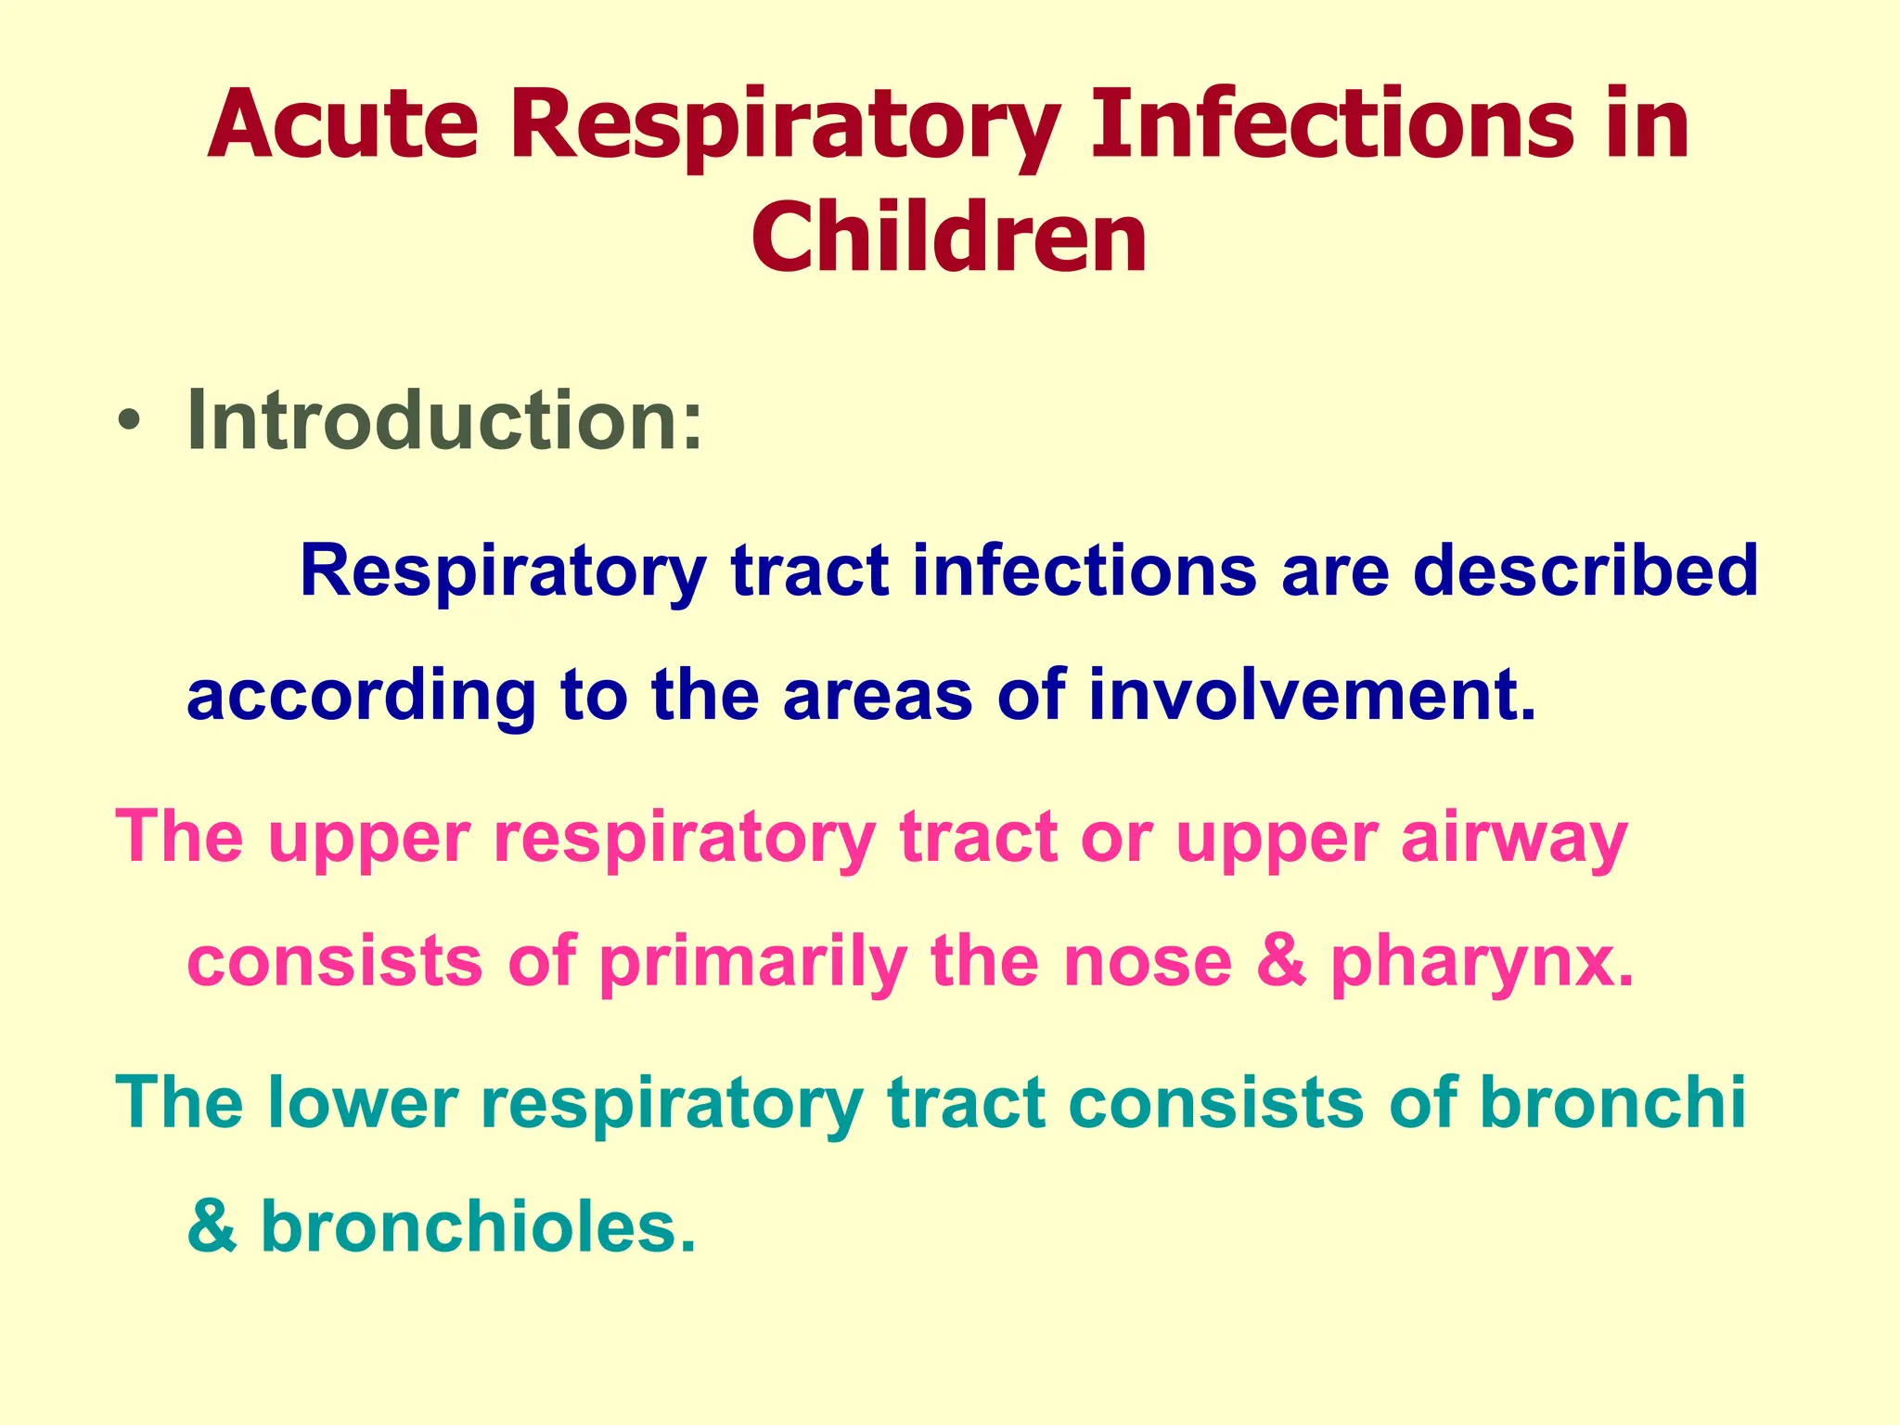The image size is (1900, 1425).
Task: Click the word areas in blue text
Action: tap(877, 696)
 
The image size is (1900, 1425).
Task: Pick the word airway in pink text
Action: tap(1513, 838)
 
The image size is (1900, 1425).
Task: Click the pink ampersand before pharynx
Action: tap(1281, 962)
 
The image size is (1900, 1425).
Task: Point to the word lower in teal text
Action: tap(363, 1103)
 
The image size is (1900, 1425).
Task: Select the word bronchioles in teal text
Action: tap(477, 1226)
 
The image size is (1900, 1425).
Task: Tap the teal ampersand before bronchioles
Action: tap(212, 1226)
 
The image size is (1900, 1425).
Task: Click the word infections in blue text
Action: tap(1084, 571)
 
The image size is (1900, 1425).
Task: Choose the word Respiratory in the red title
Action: tap(784, 126)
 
